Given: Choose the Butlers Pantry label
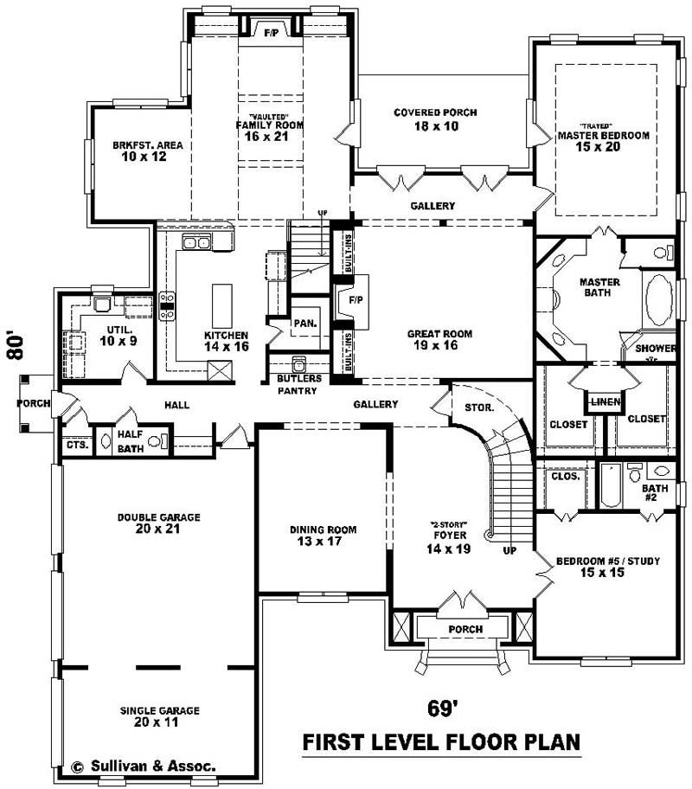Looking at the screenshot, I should click(x=299, y=384).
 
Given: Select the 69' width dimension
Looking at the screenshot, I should click(x=442, y=709).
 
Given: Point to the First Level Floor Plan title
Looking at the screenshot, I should click(x=440, y=742).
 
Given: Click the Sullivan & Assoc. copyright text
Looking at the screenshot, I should click(x=144, y=766).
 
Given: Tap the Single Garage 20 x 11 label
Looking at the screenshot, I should click(x=160, y=715).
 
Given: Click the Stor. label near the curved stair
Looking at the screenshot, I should click(x=478, y=407).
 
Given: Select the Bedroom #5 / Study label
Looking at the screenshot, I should click(x=607, y=567).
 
